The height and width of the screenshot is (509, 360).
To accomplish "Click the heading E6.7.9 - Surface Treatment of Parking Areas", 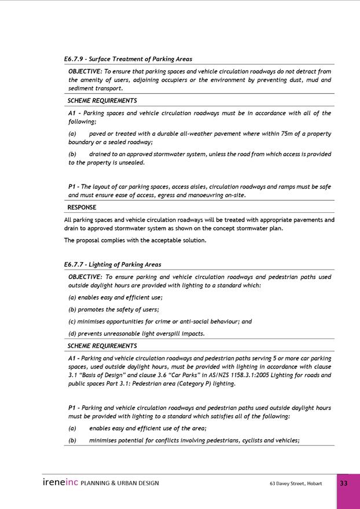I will pos(128,59).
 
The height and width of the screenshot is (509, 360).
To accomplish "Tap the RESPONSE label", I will pos(82,207).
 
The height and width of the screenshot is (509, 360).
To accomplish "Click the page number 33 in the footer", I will pos(344,484).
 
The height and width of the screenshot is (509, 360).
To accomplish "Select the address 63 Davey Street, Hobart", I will pos(296,484).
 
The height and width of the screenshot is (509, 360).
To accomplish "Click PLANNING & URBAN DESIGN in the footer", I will pos(120,484).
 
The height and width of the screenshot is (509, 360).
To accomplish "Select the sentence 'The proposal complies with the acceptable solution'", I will pos(135,240).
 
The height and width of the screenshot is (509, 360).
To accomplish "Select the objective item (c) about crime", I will pos(160,321).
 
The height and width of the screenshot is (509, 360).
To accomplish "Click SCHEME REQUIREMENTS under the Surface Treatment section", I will pos(102,101).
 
